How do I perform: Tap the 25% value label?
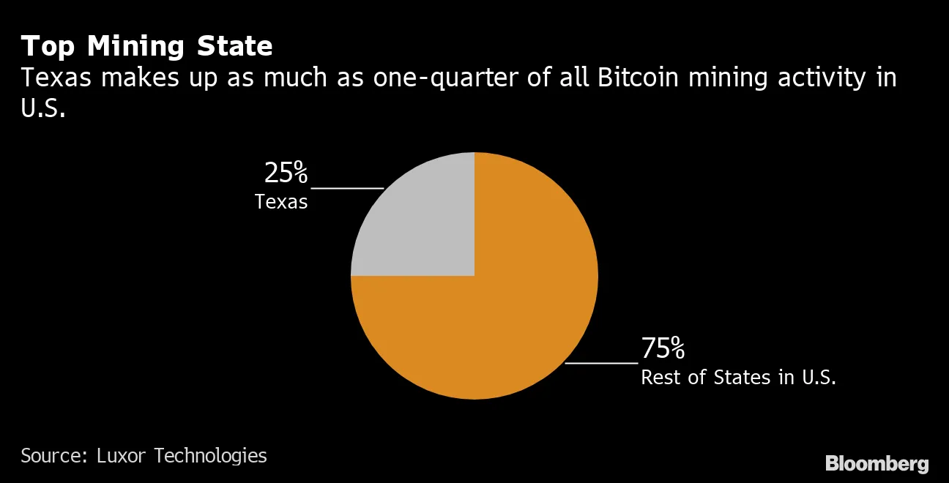click(x=286, y=173)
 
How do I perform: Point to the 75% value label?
click(x=663, y=349)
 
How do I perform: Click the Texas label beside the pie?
click(x=281, y=202)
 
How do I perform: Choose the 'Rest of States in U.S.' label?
click(x=738, y=378)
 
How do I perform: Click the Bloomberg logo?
click(x=877, y=463)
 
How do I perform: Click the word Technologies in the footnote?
click(x=211, y=455)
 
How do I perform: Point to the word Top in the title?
click(x=48, y=47)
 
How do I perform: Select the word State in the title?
click(x=237, y=47)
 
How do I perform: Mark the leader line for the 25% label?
click(x=347, y=188)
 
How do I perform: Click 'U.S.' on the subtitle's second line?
click(x=43, y=109)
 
